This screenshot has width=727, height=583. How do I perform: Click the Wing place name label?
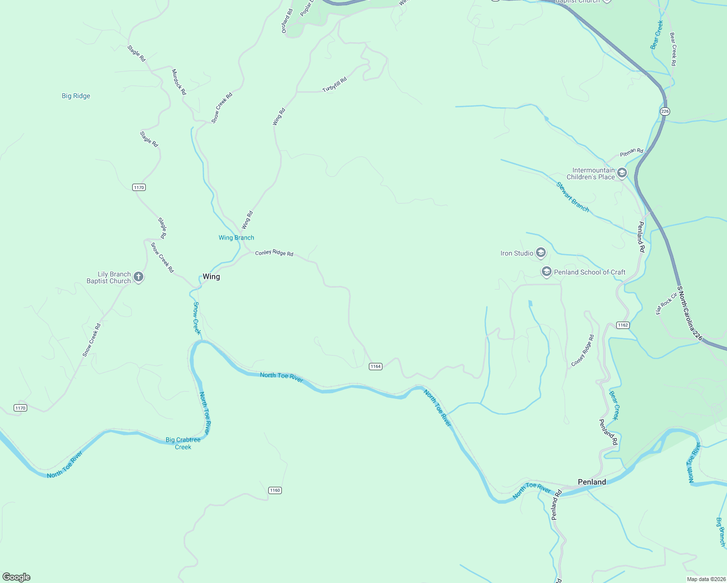[x=211, y=276]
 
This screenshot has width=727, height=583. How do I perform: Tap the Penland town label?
[x=591, y=482]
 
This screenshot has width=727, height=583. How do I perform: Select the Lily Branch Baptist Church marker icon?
[x=138, y=277]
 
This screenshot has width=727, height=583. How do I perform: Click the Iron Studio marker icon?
[x=541, y=253]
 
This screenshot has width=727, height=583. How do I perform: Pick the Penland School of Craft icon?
[x=546, y=272]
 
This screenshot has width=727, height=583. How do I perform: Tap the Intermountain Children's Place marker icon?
[x=622, y=173]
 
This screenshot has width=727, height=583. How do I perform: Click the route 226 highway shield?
[x=665, y=111]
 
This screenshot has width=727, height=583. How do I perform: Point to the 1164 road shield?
[x=375, y=366]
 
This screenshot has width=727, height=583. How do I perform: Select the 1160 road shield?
[x=275, y=490]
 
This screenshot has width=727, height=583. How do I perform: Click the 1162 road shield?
[x=623, y=325]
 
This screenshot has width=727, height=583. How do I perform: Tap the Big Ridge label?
[x=76, y=96]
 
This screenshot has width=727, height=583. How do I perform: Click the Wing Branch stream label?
[x=236, y=238]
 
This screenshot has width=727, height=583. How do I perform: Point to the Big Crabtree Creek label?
[x=183, y=443]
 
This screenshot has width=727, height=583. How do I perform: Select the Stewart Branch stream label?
[x=572, y=197]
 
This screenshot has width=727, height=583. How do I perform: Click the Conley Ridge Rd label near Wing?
[x=274, y=253]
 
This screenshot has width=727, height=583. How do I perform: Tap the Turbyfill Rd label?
[x=335, y=85]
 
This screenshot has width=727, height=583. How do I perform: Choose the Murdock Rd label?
[x=179, y=81]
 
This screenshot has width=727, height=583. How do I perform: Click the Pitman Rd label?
[x=631, y=152]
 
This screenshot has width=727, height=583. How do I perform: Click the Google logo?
[x=17, y=577]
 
